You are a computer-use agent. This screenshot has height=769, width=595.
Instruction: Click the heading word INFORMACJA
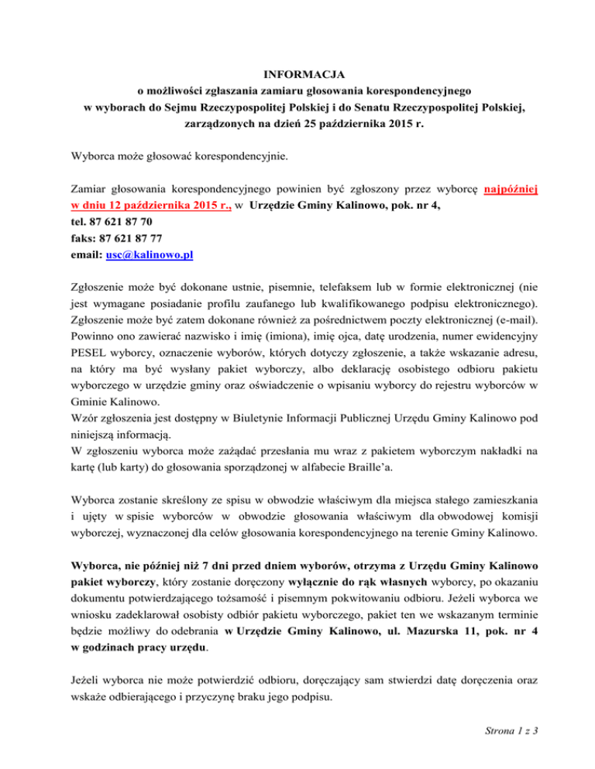pos(297,74)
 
